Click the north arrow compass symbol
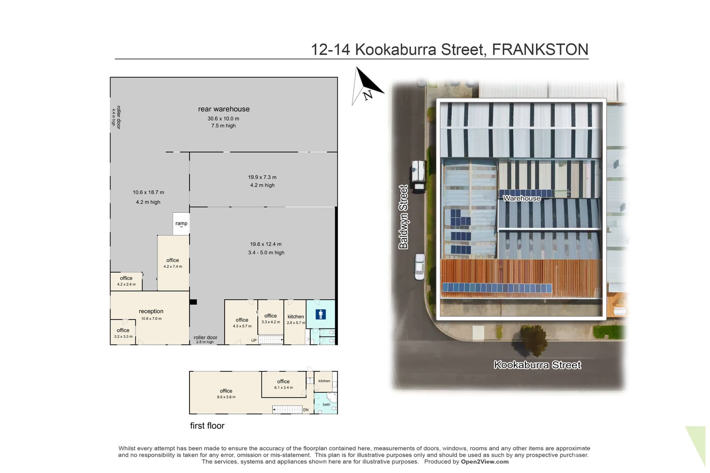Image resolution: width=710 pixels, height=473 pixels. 368,86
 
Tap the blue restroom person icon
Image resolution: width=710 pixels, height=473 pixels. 320,314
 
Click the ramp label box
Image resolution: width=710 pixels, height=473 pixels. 181,223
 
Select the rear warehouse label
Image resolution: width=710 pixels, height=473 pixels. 224,109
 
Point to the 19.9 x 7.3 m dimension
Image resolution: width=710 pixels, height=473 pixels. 262,177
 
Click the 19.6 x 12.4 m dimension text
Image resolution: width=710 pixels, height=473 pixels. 266,244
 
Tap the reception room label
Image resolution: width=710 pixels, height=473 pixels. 151,311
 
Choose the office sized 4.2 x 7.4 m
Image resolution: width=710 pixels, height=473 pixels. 173,263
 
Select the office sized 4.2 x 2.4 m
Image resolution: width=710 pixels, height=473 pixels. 126,281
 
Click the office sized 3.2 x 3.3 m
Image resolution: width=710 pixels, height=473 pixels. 123,333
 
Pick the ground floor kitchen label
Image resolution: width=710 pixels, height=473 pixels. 296,317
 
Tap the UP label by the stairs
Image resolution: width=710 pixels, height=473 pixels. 254,340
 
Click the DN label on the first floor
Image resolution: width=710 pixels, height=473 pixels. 306,410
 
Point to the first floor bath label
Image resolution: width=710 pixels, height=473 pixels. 326,404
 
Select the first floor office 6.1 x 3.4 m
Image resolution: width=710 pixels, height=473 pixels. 284,384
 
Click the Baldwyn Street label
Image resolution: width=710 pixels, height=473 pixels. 403,217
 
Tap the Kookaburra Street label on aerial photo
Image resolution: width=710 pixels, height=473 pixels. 537,365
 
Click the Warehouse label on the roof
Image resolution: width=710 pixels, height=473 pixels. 522,199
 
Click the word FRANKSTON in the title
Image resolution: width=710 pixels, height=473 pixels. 540,50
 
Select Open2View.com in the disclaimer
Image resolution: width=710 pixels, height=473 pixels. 485,461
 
